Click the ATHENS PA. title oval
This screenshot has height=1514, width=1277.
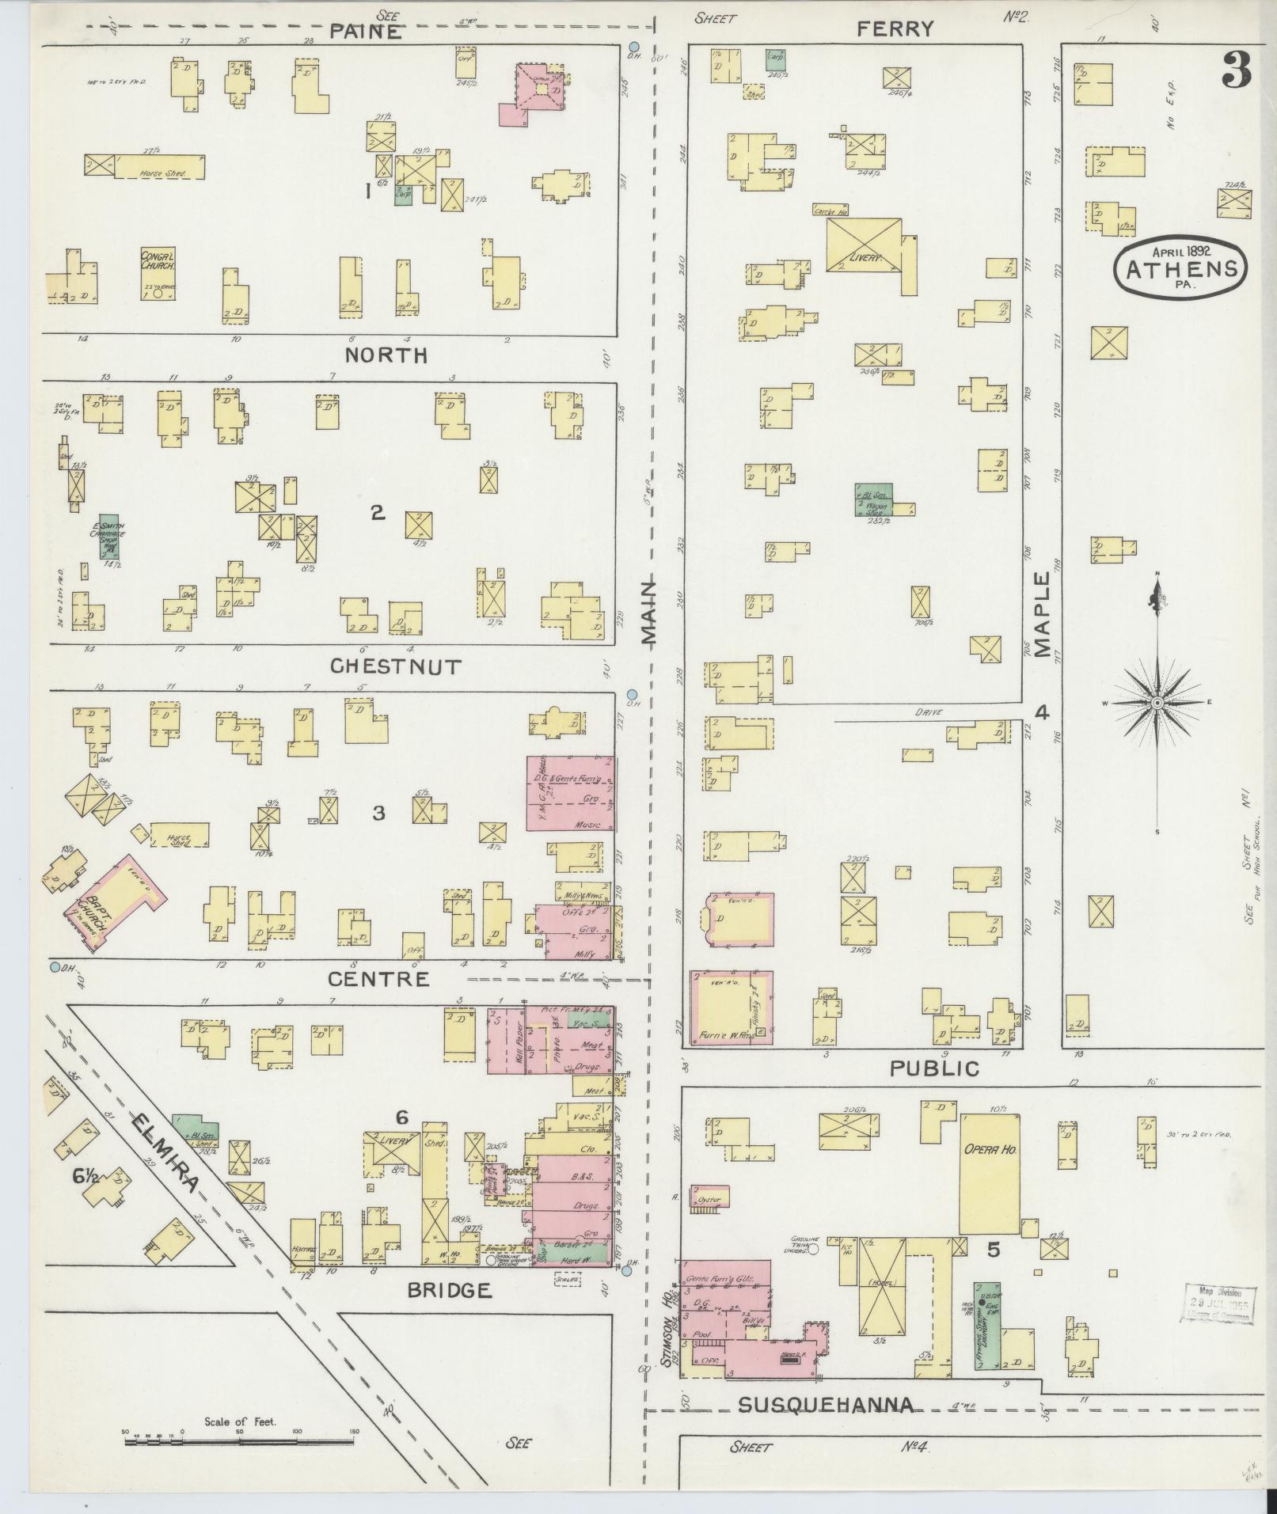[1180, 268]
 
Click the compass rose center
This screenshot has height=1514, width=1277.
[1157, 703]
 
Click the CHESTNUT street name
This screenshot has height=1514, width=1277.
[395, 666]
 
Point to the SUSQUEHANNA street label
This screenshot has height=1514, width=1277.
[826, 1405]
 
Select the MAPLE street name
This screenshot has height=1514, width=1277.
[1042, 615]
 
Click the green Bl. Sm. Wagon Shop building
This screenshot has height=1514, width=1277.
[873, 501]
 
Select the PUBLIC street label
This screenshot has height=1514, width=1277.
[934, 1068]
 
